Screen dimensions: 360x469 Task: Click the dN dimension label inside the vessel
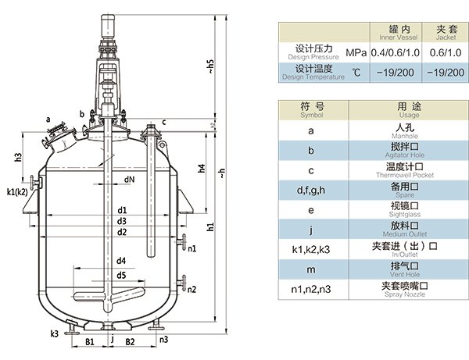pyautogui.click(x=128, y=180)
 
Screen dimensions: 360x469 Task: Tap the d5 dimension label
pyautogui.click(x=122, y=275)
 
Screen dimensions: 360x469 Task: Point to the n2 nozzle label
pyautogui.click(x=192, y=290)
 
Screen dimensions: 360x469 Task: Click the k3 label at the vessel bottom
pyautogui.click(x=54, y=333)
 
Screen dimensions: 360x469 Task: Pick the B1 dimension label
pyautogui.click(x=90, y=342)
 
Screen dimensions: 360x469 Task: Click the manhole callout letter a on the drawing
pyautogui.click(x=49, y=119)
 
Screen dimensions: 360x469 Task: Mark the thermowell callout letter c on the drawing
pyautogui.click(x=164, y=122)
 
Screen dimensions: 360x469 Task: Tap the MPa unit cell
pyautogui.click(x=356, y=52)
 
